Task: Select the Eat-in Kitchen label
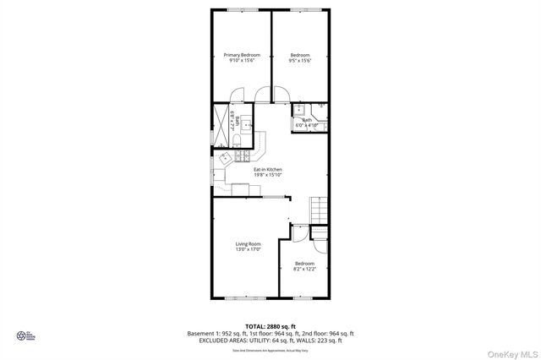pos(269,170)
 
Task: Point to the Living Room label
pos(248,244)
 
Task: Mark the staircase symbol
pos(319,208)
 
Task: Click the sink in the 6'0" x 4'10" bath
pos(298,111)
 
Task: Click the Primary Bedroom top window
pos(240,9)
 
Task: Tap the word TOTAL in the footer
pos(256,325)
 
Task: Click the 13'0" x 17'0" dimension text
pos(248,250)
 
